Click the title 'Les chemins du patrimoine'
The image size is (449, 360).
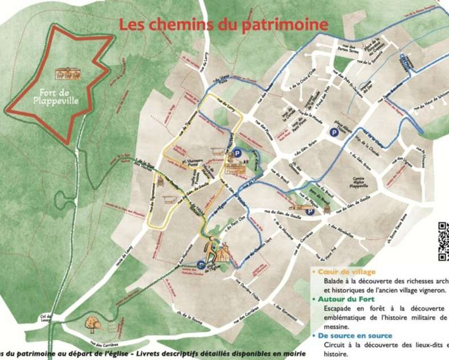point(223,24)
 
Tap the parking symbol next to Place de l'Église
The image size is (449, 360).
point(201,264)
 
